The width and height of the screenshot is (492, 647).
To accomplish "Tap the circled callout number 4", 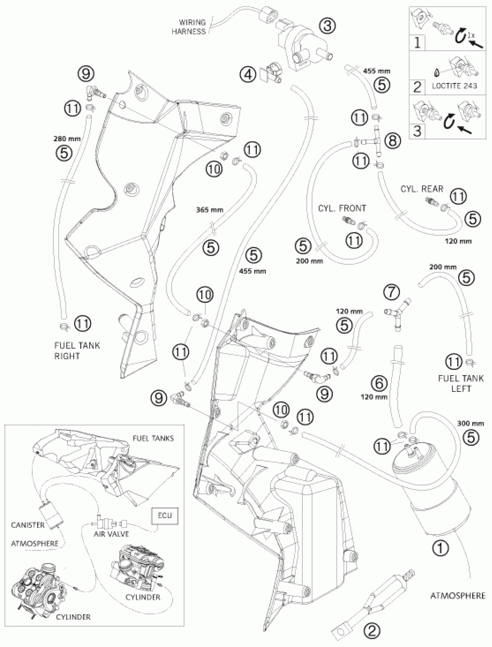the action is (x=248, y=75).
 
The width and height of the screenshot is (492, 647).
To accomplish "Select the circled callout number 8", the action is (x=392, y=141).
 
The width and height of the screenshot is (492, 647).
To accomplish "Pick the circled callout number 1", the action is (x=441, y=548).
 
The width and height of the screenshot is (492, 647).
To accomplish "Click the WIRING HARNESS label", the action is (x=189, y=27).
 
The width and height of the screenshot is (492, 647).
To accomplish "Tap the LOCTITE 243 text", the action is (x=454, y=86).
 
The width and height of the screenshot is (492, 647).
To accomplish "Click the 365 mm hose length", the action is (x=210, y=209).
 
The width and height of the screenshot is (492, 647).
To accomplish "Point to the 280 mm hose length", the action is (x=67, y=139).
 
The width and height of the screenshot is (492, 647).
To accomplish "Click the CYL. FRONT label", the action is (x=342, y=208).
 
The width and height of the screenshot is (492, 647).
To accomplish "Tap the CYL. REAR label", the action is (x=422, y=189).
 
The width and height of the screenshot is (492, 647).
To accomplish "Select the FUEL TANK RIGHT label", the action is (x=77, y=351).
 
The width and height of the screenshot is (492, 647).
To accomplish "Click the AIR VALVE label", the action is (x=111, y=534).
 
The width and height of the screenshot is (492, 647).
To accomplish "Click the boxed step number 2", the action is (x=417, y=87).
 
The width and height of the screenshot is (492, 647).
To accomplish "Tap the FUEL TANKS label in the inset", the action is (x=153, y=438).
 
